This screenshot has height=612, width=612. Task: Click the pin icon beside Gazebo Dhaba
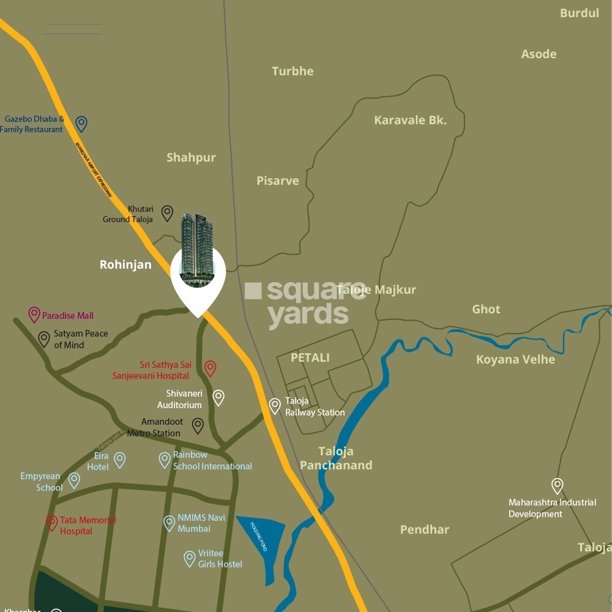(81, 124)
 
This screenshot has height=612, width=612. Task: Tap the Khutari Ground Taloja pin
(167, 213)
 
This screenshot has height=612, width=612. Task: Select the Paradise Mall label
(67, 316)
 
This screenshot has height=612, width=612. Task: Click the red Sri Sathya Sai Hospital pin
(210, 368)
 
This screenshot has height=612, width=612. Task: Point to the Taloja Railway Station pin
(275, 405)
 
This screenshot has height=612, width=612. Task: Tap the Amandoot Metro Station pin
(198, 425)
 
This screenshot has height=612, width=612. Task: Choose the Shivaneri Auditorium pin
(218, 398)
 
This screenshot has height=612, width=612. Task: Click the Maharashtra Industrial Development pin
(557, 486)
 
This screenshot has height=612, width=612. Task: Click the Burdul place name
(579, 13)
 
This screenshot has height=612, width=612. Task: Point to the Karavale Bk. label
(410, 120)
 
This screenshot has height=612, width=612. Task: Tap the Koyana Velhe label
(515, 359)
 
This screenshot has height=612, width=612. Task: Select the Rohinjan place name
(125, 265)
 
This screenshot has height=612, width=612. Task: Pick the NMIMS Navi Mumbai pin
(170, 523)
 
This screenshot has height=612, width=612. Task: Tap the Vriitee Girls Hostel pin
(190, 558)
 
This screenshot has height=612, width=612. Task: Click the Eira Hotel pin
(120, 460)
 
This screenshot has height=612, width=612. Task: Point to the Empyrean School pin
(74, 480)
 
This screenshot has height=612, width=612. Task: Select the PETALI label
(310, 357)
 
